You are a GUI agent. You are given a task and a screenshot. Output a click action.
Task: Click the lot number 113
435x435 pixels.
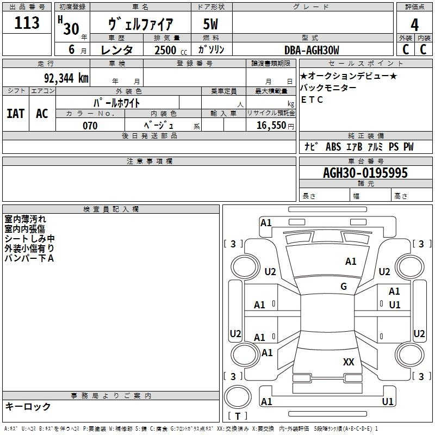click(x=27, y=23)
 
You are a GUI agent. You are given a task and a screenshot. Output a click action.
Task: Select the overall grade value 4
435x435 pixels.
click(x=414, y=25)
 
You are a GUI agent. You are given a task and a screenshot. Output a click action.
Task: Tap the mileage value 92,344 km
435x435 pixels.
click(x=66, y=78)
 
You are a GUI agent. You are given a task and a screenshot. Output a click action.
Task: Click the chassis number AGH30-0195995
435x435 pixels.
click(x=365, y=173)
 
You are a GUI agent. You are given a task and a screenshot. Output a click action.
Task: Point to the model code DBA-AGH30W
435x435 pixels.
click(x=312, y=50)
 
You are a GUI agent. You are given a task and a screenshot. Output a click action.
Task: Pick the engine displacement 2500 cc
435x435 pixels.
click(x=171, y=50)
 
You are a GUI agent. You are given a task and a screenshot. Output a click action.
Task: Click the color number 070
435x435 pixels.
click(x=90, y=126)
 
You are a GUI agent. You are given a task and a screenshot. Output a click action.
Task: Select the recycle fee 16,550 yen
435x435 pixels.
click(x=275, y=126)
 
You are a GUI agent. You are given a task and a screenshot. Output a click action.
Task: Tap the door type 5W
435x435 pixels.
click(x=210, y=24)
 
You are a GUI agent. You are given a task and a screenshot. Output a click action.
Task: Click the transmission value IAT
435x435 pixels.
click(x=16, y=114)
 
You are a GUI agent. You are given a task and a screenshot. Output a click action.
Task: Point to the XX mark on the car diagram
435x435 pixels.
click(x=349, y=362)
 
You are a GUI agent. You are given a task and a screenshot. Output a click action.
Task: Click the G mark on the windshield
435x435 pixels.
click(x=344, y=287)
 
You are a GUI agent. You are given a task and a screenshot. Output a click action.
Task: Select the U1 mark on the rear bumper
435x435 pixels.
click(x=388, y=401)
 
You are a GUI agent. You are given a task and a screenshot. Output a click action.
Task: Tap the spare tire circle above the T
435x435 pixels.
click(x=238, y=397)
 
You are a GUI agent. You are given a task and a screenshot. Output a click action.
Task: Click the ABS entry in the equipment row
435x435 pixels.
click(x=333, y=147)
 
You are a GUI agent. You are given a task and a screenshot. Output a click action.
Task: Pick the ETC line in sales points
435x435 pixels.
click(x=312, y=100)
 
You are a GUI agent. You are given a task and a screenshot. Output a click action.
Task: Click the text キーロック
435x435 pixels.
click(x=28, y=406)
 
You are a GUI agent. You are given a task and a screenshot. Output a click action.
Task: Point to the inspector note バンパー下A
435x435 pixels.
click(x=29, y=258)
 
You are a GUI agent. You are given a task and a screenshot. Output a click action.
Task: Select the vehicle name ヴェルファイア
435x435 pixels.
click(x=140, y=24)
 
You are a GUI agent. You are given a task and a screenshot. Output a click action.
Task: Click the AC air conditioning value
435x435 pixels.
click(x=42, y=114)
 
